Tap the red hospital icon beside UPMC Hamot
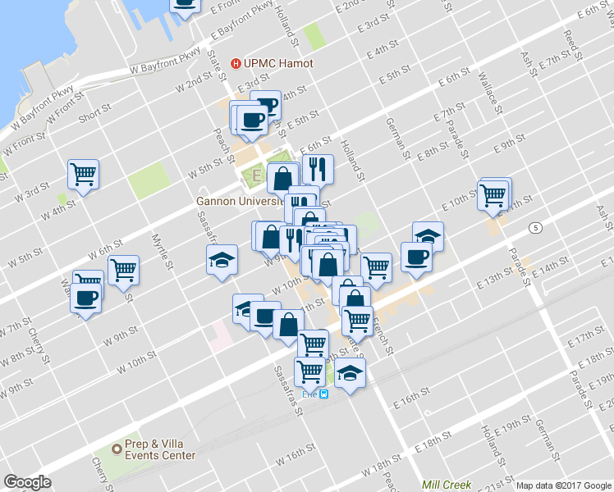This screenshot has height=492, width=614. pos(236,62)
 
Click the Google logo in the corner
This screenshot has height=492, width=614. pos(27,482)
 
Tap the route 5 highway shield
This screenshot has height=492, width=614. pos(535,226)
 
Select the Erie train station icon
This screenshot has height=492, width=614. pos(323,394)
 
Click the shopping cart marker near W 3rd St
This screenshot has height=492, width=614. pos(84,174)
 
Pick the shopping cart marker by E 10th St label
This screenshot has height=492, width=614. pos(493,195)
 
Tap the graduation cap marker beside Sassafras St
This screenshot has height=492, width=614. pos(220,262)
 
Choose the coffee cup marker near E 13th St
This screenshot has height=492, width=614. pos(416,257)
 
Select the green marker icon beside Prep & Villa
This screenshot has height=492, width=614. pos(117,449)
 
